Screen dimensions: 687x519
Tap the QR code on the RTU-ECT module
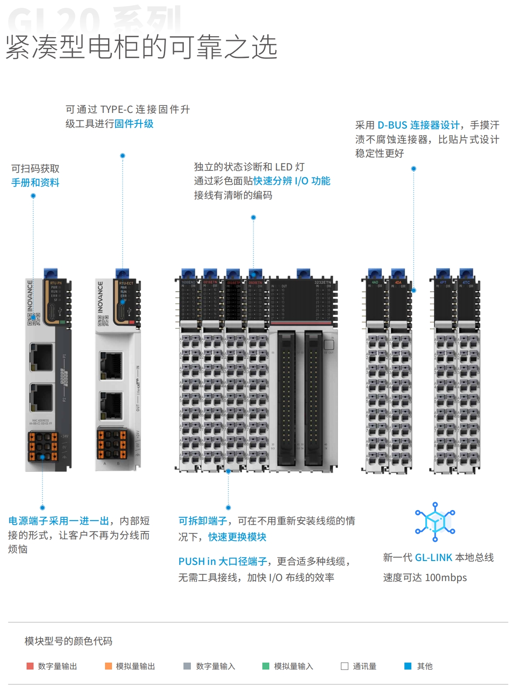[x=103, y=320]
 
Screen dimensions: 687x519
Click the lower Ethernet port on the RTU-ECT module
[x=111, y=406]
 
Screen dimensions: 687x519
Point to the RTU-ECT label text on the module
[x=126, y=283]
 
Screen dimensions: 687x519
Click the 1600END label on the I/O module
[x=188, y=282]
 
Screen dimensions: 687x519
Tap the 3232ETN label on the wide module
[x=322, y=282]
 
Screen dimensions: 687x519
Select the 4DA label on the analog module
[x=398, y=282]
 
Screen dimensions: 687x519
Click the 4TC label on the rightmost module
[x=466, y=282]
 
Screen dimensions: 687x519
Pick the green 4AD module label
[x=375, y=282]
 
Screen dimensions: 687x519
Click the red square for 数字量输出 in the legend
[x=30, y=666]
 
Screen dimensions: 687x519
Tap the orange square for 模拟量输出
[x=109, y=666]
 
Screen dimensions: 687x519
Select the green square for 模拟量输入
[x=266, y=666]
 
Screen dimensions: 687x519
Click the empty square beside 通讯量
[x=345, y=666]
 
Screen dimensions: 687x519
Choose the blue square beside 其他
[x=408, y=666]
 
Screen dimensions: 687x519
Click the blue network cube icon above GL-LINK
[x=435, y=522]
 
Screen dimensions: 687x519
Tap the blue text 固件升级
[x=134, y=124]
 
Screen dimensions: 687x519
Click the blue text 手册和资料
[x=35, y=183]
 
